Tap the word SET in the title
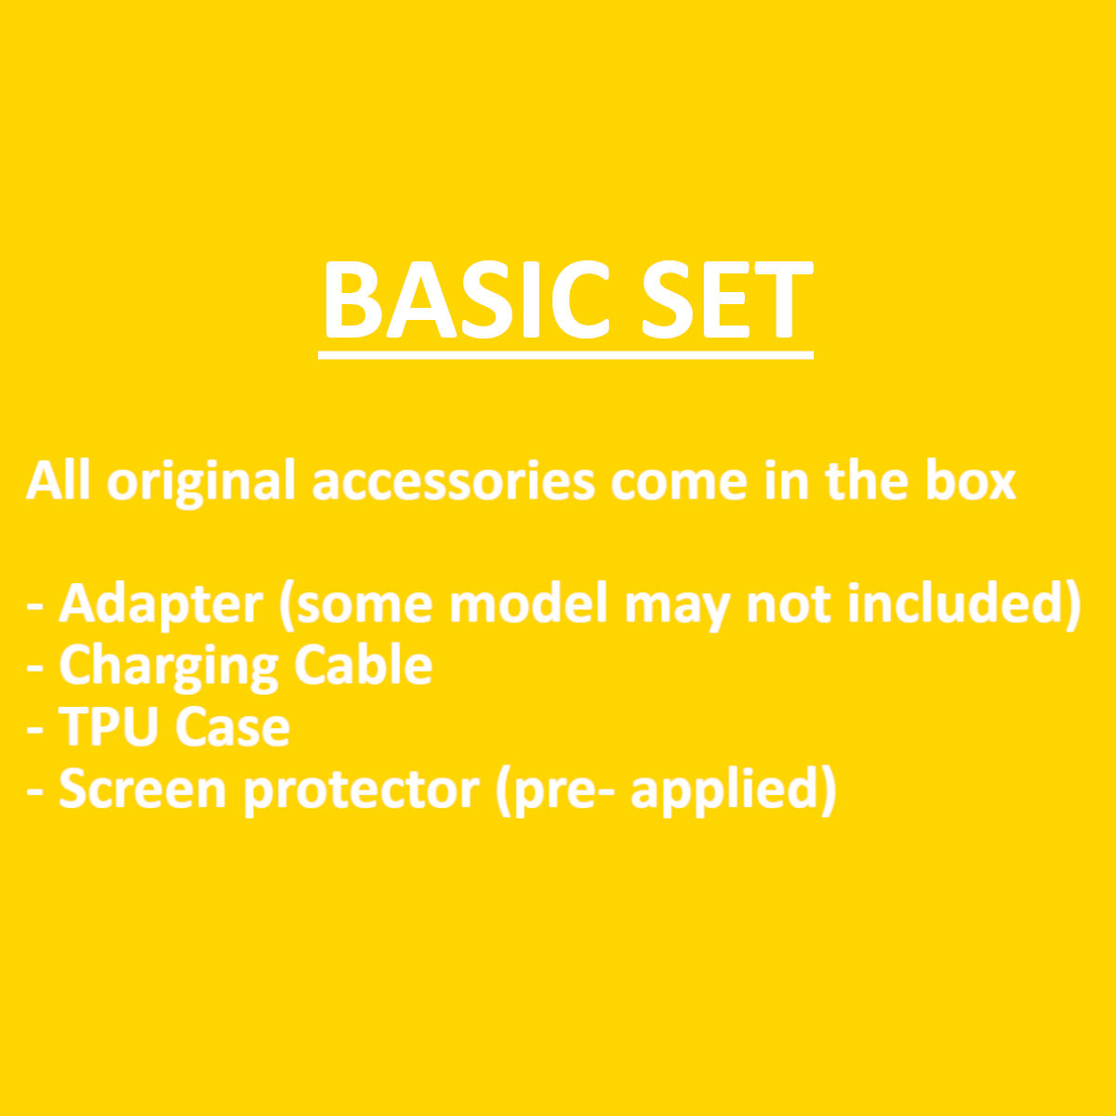tap(728, 299)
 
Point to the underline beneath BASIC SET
tap(565, 355)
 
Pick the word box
tap(971, 480)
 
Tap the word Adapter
tap(161, 605)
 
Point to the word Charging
tap(168, 667)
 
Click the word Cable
tap(363, 664)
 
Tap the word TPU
tap(109, 727)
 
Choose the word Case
tap(232, 727)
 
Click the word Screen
tap(142, 789)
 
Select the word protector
tap(362, 792)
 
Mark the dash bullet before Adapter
tap(34, 608)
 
